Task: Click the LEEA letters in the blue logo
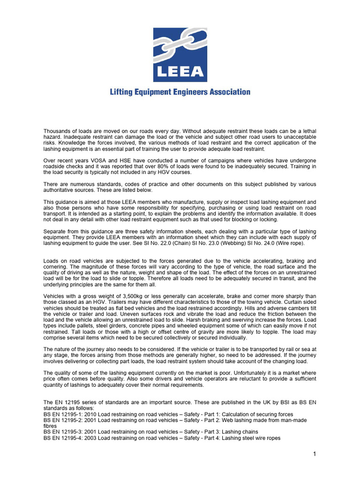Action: [180, 71]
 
